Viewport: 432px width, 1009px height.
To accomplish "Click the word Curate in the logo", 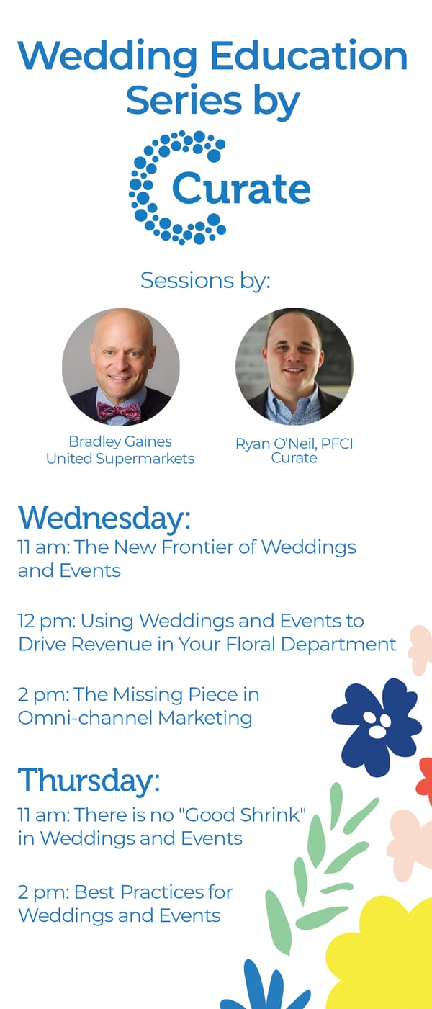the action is [241, 188].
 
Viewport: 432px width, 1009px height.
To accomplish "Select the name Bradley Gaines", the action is [120, 441].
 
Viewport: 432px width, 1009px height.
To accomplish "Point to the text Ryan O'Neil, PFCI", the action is [294, 444].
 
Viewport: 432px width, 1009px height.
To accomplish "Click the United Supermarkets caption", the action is [120, 459].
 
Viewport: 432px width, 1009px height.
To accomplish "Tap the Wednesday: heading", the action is [104, 518].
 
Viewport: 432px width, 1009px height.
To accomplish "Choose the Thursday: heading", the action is [89, 781].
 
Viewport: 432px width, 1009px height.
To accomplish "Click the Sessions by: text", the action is [205, 281].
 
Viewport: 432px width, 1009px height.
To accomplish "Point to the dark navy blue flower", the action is [377, 727].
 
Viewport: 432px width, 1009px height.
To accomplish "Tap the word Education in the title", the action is [309, 56].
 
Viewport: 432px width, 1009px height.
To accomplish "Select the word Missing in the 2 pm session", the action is [148, 695].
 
